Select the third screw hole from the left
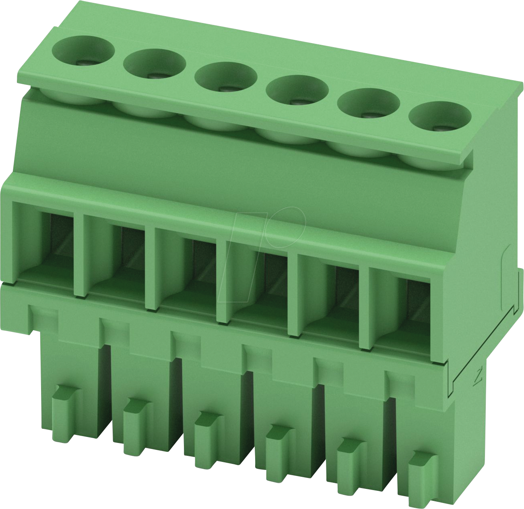click(x=226, y=78)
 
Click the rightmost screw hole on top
click(x=439, y=117)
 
